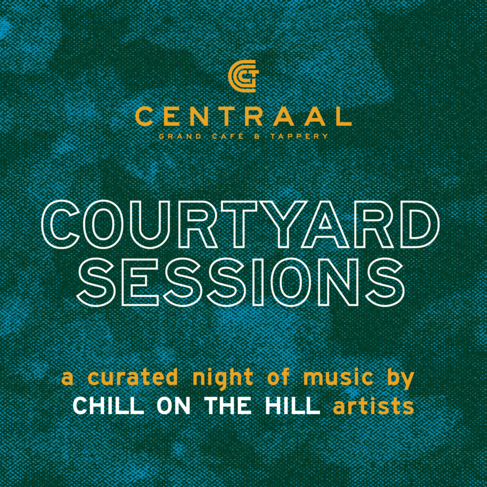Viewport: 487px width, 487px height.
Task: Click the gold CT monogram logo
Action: [x=243, y=76]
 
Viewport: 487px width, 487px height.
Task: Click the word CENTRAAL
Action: [x=243, y=116]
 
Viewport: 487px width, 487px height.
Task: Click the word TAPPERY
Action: [x=299, y=136]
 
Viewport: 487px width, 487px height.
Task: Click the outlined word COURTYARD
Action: [x=240, y=224]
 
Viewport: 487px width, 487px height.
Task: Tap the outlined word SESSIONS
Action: [x=241, y=282]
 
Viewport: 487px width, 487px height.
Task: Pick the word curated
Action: [x=133, y=377]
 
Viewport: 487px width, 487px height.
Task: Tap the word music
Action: [x=338, y=377]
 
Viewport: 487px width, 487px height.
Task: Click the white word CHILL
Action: [x=108, y=406]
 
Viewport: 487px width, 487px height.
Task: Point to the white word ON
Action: [x=174, y=406]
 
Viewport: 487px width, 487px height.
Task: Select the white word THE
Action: [x=228, y=406]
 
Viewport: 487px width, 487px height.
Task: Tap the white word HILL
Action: [x=292, y=406]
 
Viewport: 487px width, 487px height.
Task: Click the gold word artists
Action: [x=373, y=406]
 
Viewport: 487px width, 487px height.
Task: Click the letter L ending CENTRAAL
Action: [x=342, y=116]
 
